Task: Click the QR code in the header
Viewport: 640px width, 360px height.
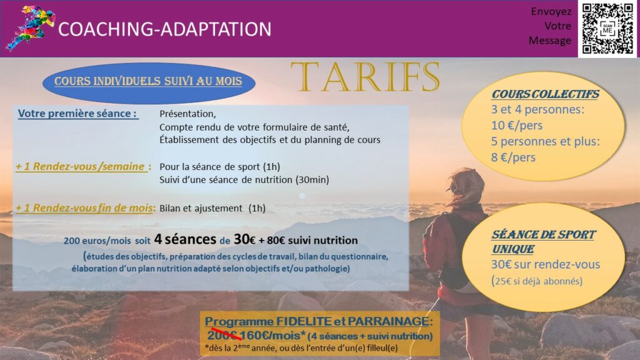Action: (607, 29)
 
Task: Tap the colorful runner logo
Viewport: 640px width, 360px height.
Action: (31, 27)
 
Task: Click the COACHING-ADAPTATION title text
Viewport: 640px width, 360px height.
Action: (165, 29)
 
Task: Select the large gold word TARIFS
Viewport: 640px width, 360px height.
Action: (365, 77)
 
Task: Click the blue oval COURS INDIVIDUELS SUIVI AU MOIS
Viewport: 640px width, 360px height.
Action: (149, 82)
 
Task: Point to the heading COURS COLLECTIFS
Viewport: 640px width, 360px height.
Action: (545, 94)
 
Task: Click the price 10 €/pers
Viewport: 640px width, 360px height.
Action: (517, 125)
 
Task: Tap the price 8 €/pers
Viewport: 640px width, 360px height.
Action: (513, 157)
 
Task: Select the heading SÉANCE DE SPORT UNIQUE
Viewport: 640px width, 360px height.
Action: (544, 242)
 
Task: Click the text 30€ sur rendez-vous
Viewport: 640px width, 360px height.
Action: (545, 264)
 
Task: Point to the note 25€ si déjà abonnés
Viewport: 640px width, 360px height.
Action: (537, 281)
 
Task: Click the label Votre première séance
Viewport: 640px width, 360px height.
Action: (77, 114)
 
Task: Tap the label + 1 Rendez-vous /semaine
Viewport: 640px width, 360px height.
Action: (83, 166)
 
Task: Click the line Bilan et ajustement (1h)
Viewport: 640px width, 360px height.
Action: (212, 208)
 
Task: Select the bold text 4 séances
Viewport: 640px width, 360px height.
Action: (185, 239)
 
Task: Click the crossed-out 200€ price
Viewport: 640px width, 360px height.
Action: (222, 336)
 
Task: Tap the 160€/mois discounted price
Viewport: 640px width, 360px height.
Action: (272, 336)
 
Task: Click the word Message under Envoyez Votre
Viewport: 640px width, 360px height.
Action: (550, 41)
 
